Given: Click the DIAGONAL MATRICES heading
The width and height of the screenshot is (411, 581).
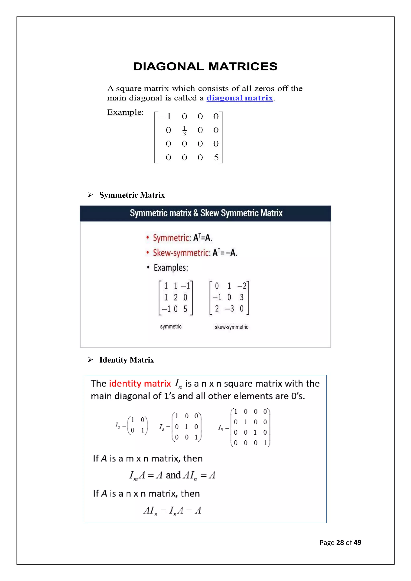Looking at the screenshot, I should pyautogui.click(x=205, y=67).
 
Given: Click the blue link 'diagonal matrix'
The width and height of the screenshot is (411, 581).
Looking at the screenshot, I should pyautogui.click(x=239, y=98).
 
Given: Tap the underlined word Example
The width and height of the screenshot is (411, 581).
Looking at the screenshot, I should pyautogui.click(x=124, y=112).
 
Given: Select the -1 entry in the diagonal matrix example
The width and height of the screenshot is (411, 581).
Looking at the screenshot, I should pyautogui.click(x=165, y=117).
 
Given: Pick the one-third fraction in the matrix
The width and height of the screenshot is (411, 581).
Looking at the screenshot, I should pyautogui.click(x=184, y=131).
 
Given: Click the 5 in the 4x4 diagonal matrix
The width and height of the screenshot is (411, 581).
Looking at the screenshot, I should pyautogui.click(x=216, y=157).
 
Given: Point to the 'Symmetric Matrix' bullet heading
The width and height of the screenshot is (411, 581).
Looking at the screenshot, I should pyautogui.click(x=132, y=195).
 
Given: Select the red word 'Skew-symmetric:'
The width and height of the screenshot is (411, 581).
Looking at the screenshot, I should pyautogui.click(x=181, y=253).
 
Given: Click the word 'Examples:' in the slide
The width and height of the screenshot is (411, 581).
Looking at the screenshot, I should pyautogui.click(x=171, y=268).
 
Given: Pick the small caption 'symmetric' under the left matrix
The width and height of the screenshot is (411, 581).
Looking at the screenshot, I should pyautogui.click(x=171, y=327).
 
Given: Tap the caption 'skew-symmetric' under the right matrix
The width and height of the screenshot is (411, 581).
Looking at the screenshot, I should pyautogui.click(x=231, y=327).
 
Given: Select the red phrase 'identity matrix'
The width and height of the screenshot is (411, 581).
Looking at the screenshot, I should pyautogui.click(x=140, y=384).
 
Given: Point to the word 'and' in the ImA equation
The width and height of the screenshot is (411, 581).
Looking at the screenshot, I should pyautogui.click(x=173, y=475).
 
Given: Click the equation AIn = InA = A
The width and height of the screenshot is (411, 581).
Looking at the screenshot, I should pyautogui.click(x=172, y=510).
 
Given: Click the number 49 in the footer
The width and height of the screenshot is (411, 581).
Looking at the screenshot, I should pyautogui.click(x=357, y=542).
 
